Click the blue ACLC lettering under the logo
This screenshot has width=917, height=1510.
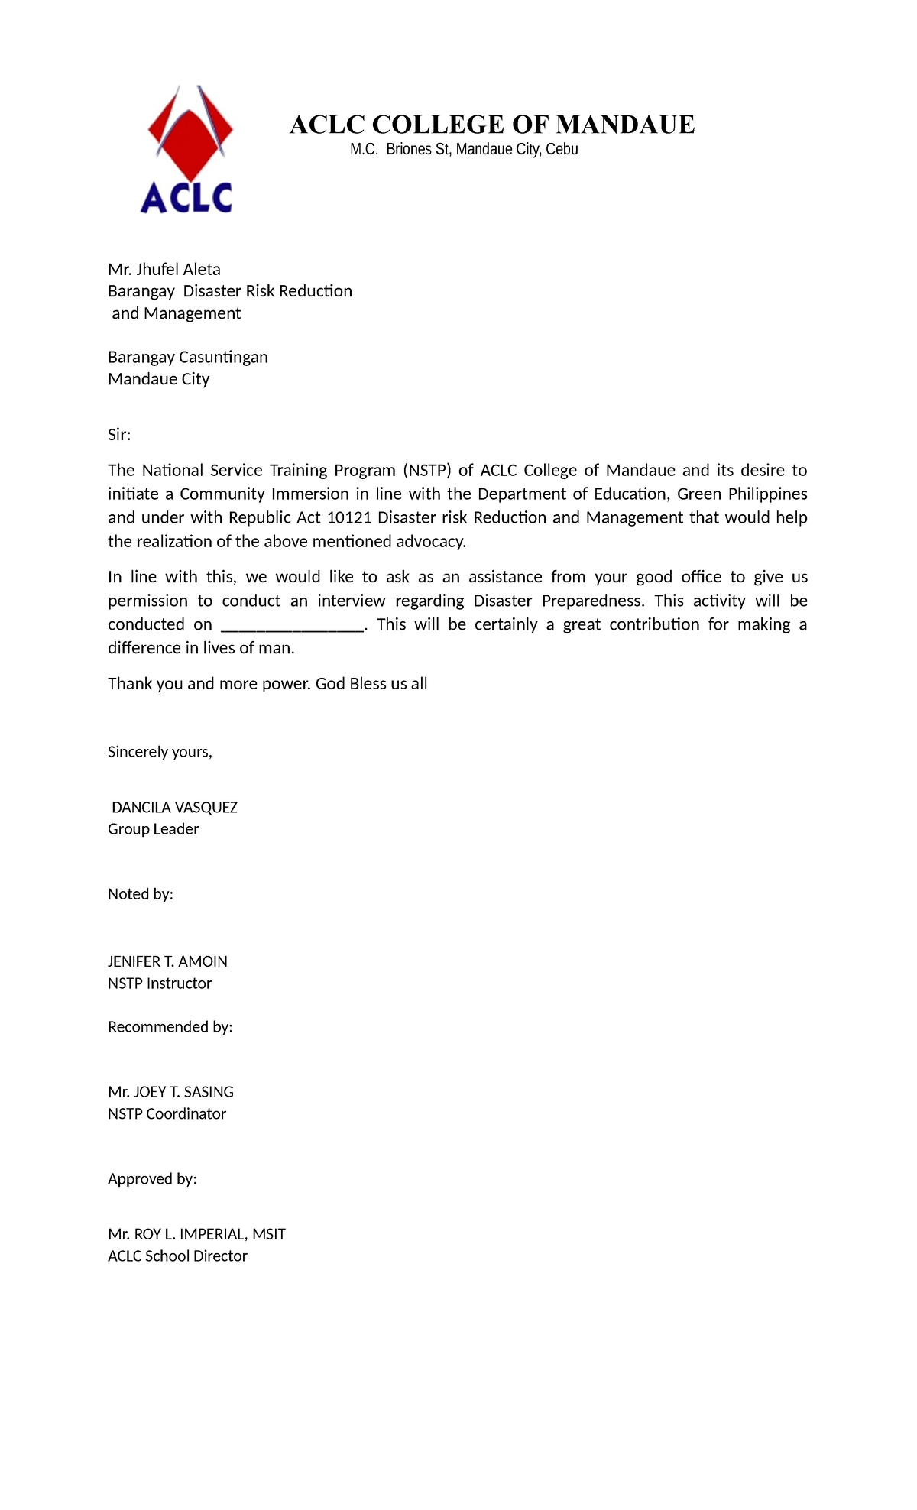tap(186, 197)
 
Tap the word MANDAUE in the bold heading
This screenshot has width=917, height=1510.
tap(625, 125)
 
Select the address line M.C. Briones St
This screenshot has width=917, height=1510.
tap(463, 150)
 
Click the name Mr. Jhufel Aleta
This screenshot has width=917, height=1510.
tap(164, 269)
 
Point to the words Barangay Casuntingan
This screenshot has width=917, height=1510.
tap(188, 357)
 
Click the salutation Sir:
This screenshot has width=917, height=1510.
tap(119, 435)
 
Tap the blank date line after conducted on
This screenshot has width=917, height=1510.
tap(293, 625)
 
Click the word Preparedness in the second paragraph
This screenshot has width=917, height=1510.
tap(592, 601)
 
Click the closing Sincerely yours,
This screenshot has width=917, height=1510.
tap(160, 752)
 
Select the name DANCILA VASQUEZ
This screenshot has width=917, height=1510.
tap(174, 808)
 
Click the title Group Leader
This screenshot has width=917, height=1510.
tap(154, 829)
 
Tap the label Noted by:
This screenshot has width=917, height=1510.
tap(141, 894)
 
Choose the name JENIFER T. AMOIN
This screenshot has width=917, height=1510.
tap(167, 961)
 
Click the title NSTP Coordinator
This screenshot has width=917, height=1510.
tap(167, 1113)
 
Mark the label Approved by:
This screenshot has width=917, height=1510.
tap(152, 1179)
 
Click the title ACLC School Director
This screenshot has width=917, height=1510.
tap(177, 1256)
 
